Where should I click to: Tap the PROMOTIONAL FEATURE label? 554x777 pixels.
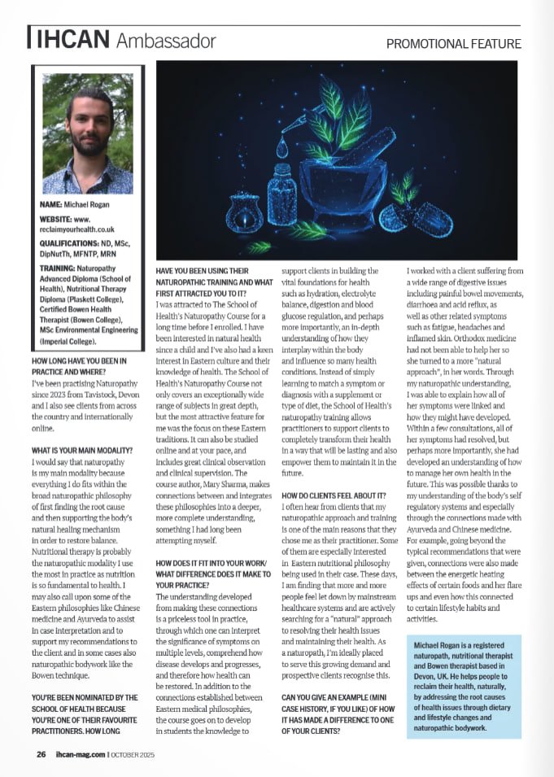453,43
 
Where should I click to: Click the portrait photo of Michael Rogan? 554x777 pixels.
87,133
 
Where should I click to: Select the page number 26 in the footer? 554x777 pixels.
41,754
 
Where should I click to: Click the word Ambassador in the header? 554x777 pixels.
166,40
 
